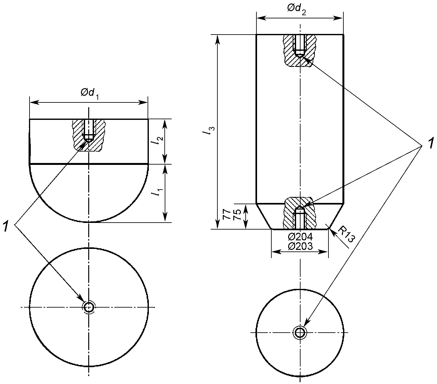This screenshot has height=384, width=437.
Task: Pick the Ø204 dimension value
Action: (300, 237)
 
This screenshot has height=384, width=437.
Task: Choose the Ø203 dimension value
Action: (300, 246)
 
